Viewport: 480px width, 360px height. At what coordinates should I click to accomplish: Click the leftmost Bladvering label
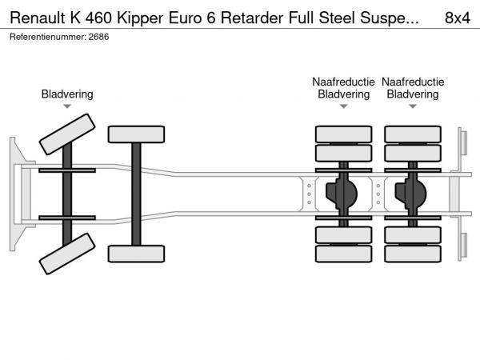click(x=67, y=94)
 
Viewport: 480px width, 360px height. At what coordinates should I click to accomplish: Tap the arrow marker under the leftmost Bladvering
click(x=67, y=106)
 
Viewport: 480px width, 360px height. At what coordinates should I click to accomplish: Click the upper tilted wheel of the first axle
click(x=66, y=134)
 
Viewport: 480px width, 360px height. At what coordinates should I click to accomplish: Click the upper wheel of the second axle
click(x=136, y=134)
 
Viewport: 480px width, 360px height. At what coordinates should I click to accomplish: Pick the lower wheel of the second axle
click(x=136, y=254)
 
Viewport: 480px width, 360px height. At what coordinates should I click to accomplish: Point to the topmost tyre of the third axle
click(x=343, y=134)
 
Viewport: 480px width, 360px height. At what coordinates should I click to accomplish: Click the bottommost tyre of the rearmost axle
click(x=413, y=254)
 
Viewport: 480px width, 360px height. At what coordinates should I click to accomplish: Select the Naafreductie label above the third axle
click(x=343, y=82)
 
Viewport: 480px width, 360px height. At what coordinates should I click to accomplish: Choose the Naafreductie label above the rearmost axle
click(x=413, y=82)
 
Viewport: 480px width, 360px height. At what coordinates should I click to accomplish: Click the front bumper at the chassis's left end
click(x=15, y=192)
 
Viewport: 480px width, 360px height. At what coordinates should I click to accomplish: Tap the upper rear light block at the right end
click(x=462, y=142)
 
